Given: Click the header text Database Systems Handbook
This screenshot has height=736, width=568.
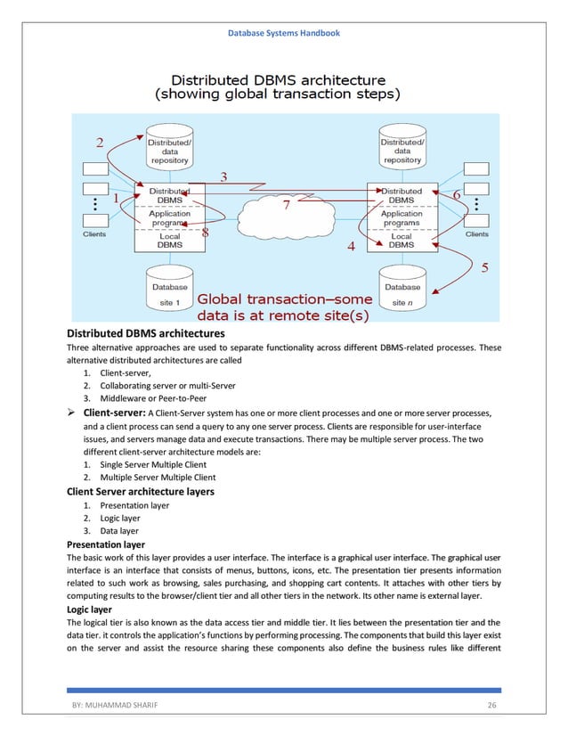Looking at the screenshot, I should click(x=283, y=33).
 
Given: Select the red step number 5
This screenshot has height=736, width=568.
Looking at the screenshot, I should click(x=485, y=266).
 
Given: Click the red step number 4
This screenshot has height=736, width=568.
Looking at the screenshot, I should click(x=351, y=246).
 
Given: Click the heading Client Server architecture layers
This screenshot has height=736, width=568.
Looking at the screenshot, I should click(x=140, y=491).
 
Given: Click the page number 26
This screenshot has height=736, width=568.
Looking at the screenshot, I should click(x=491, y=705).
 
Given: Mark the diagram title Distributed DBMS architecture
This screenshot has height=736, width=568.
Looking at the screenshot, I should click(x=278, y=78).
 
